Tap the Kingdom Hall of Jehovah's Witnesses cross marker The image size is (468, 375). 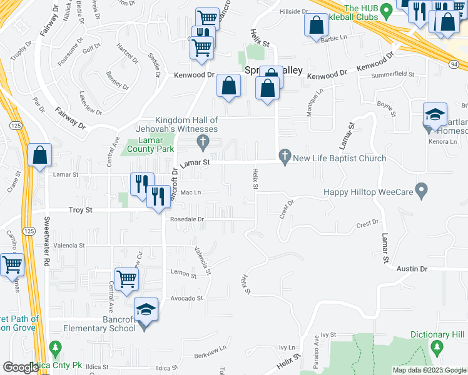pos(202,143)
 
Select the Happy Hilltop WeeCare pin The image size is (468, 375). pos(422,189)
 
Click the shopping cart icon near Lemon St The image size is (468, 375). pos(126,279)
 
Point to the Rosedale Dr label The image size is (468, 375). pos(187,220)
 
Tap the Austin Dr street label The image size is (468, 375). pos(414,269)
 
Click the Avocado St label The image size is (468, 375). pos(187,299)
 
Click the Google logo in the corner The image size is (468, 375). pos(21,367)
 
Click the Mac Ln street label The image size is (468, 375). pos(190,192)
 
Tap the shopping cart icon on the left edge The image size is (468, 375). pos(11,264)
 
